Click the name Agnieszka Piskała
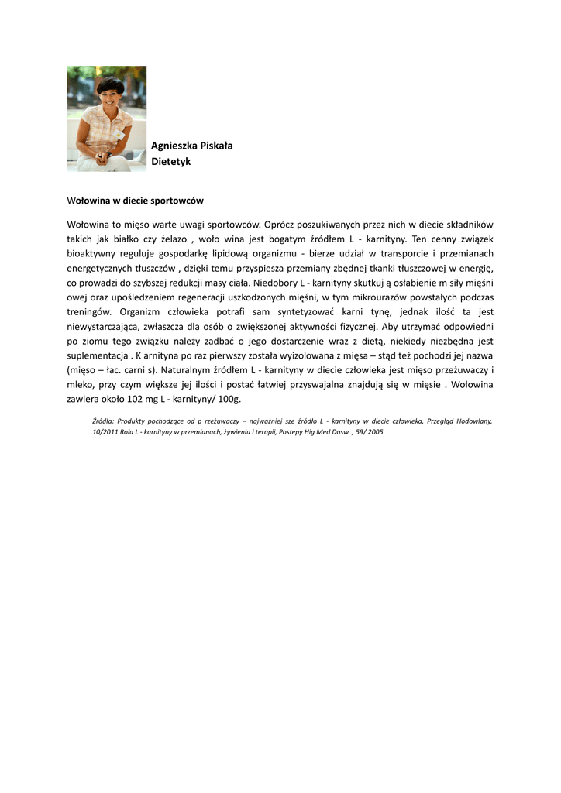(192, 146)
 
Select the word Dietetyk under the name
(171, 162)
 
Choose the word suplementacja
(97, 355)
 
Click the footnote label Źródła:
(102, 421)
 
